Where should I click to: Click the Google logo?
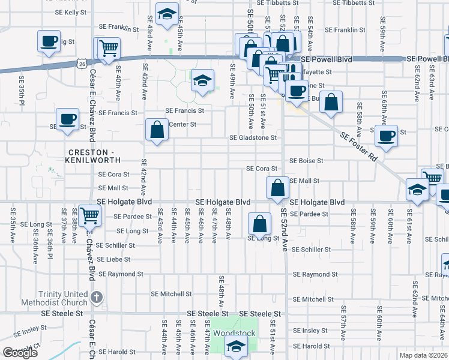(20, 353)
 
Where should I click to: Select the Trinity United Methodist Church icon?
(97, 297)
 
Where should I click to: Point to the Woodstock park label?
(236, 333)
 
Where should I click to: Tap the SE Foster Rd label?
(358, 147)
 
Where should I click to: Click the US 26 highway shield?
(82, 62)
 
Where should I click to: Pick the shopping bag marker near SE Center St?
(157, 129)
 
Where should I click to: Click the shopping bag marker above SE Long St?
(259, 224)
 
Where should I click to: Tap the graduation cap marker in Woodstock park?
(236, 346)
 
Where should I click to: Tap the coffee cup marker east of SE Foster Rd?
(387, 134)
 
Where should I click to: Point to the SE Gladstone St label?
(253, 137)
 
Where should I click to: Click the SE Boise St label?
(306, 161)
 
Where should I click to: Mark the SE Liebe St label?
(114, 259)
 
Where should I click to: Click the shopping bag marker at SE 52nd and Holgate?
(277, 187)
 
